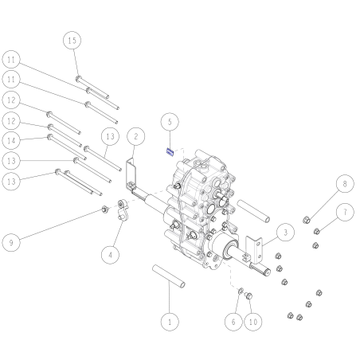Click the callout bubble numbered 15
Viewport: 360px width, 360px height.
72,41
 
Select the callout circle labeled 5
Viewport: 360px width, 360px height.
170,122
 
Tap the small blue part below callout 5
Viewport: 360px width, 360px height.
170,152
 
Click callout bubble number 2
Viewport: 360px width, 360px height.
136,136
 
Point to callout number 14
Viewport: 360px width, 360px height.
11,140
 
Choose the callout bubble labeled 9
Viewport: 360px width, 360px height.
11,242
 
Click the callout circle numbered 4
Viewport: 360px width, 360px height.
110,255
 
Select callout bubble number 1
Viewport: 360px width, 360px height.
170,322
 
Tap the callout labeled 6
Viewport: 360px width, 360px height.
233,322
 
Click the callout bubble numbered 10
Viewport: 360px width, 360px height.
253,322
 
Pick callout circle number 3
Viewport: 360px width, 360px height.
285,233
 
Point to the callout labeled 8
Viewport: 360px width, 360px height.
345,184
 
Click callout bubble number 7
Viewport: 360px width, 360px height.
345,212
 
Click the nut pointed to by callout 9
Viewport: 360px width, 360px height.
105,209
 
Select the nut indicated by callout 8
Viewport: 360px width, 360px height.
307,220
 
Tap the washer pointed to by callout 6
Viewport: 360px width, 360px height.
241,291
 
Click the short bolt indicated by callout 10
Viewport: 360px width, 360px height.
248,295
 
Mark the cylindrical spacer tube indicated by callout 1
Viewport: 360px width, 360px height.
169,276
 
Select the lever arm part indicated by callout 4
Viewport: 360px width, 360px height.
123,209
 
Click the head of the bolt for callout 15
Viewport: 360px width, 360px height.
78,78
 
